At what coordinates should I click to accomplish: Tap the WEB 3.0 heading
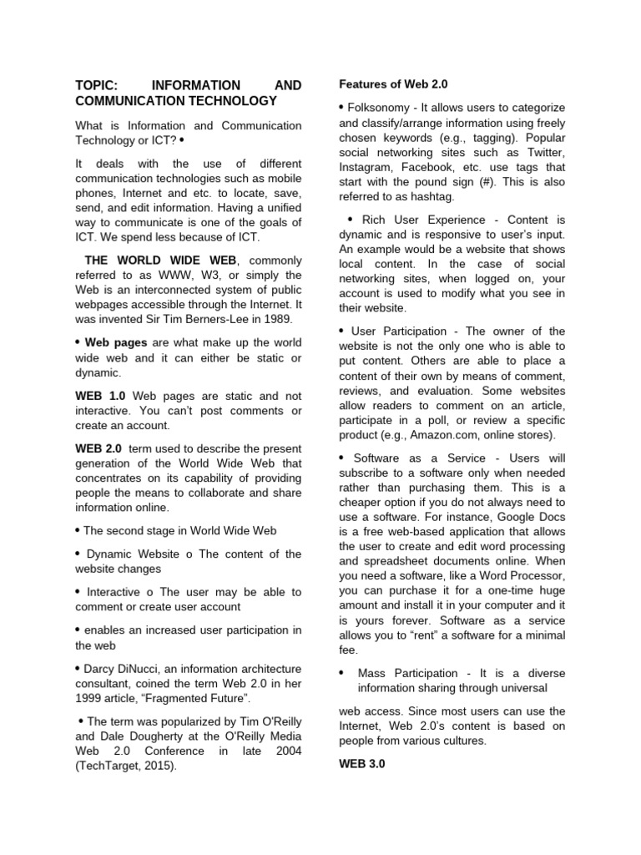(361, 763)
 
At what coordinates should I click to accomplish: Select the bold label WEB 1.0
(100, 396)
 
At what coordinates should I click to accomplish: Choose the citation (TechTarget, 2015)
(126, 766)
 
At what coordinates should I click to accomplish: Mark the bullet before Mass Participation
(342, 672)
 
